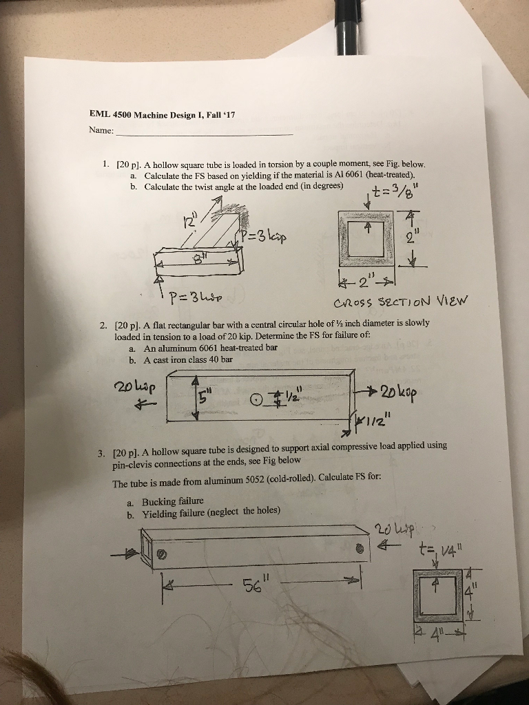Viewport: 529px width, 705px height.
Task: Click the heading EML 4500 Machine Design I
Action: coord(163,114)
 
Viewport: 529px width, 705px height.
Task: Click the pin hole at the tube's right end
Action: coord(359,549)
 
